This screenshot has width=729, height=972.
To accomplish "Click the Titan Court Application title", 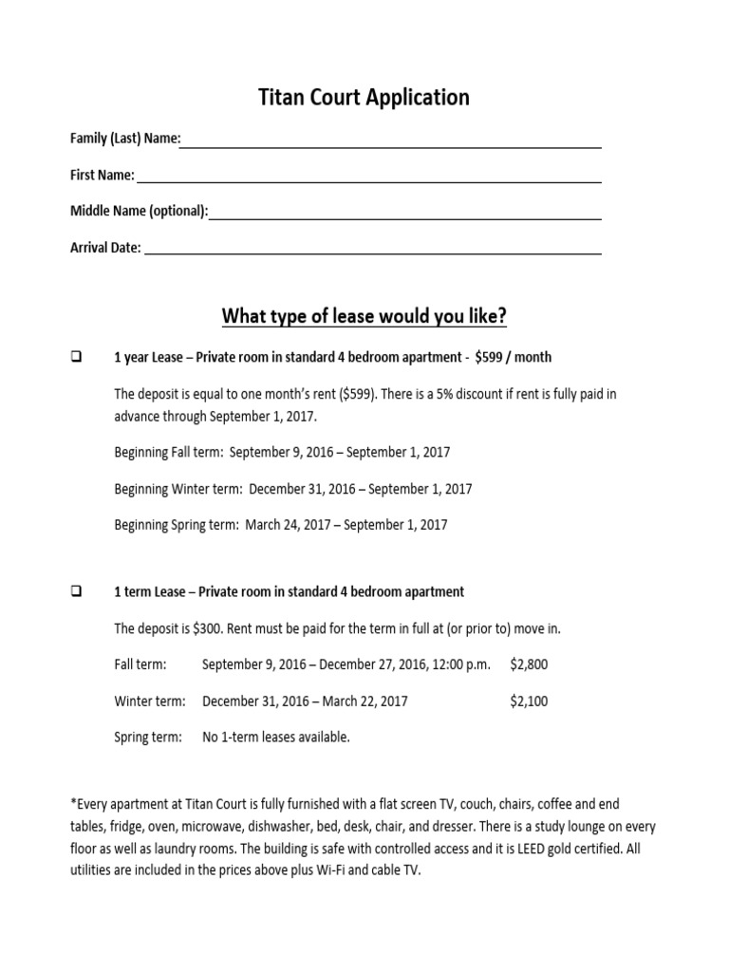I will (364, 98).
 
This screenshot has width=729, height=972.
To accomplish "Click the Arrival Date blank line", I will (372, 250).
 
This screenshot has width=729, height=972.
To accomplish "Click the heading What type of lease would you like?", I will (364, 316).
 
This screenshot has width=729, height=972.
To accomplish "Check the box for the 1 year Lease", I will (76, 358).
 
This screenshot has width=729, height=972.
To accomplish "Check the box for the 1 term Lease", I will (76, 592).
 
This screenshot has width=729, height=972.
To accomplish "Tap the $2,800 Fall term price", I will (529, 664).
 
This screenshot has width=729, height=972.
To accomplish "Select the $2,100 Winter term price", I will (529, 701).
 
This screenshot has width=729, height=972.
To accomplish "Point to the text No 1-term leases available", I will (276, 738).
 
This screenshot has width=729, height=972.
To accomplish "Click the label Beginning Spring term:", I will (177, 524).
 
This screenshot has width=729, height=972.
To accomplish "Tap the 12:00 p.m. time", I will (460, 664).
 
